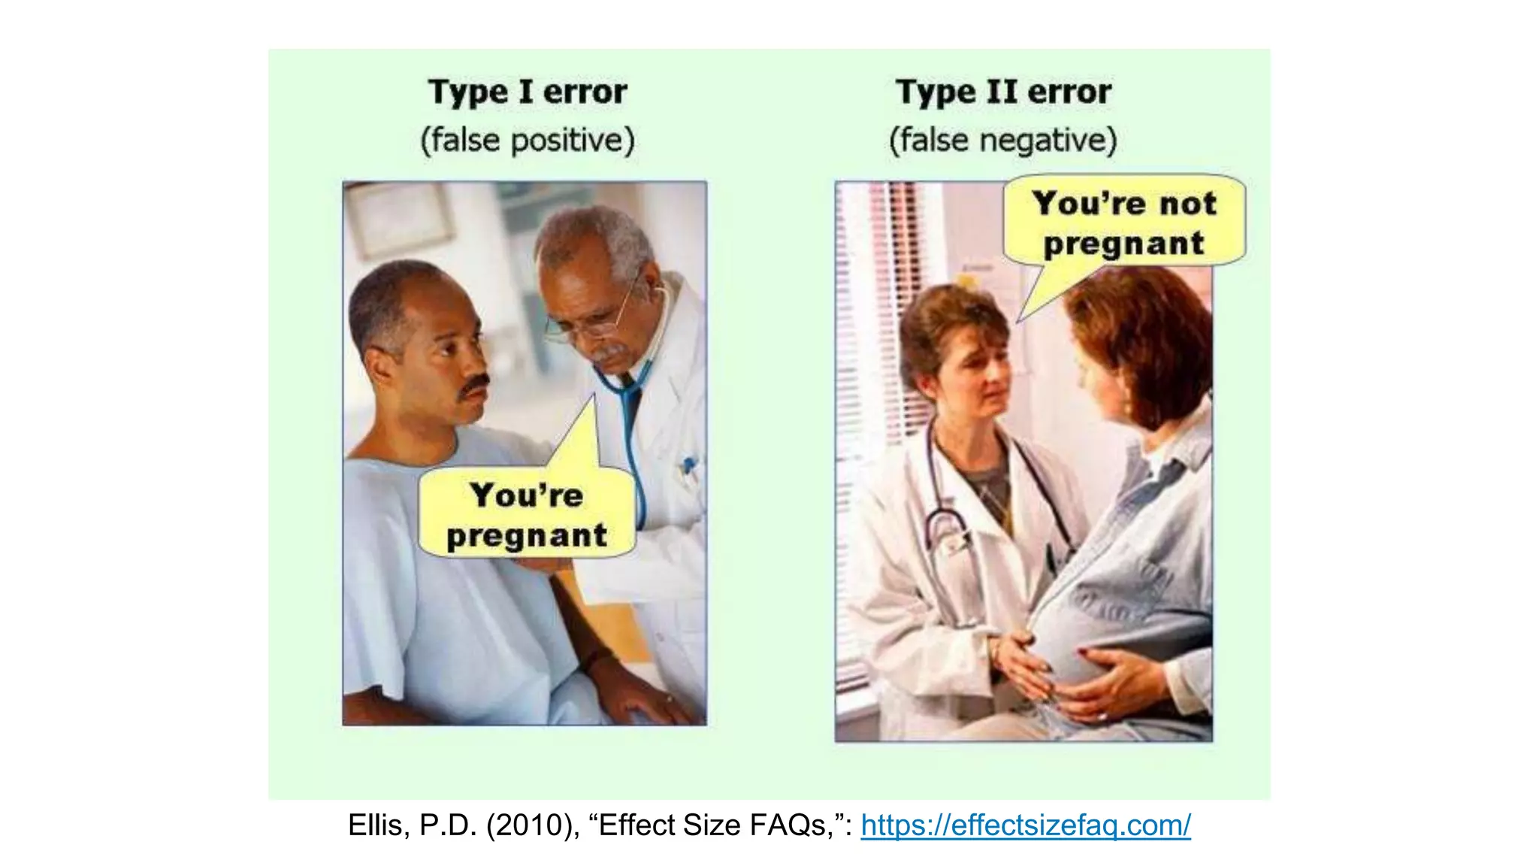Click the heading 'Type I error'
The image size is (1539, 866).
(x=528, y=92)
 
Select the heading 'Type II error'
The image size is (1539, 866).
(x=1003, y=92)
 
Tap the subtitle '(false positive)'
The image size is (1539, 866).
(x=528, y=141)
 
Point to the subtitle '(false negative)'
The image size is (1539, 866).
(x=1003, y=141)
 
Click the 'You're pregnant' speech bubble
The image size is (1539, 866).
(x=527, y=515)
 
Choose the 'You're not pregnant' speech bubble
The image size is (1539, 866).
(x=1124, y=223)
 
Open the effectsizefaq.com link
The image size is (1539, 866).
(x=1026, y=825)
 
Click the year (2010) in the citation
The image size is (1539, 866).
(x=532, y=825)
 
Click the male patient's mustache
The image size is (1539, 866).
(x=475, y=384)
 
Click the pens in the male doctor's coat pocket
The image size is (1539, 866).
(x=688, y=466)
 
